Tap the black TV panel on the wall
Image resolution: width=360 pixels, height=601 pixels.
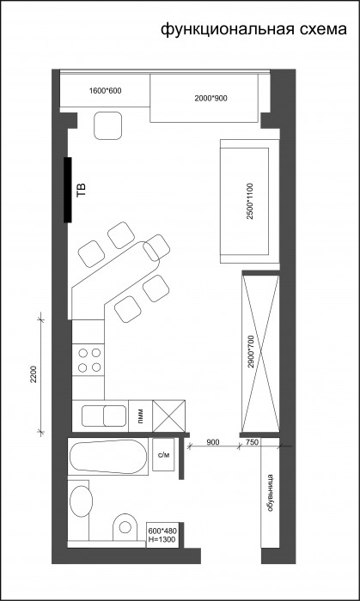click(68, 190)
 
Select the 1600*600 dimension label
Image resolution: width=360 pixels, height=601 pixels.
click(105, 91)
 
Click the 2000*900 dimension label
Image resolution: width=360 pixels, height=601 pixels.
click(211, 99)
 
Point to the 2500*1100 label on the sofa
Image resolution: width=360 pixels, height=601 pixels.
click(250, 201)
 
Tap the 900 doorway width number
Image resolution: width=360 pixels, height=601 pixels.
click(213, 442)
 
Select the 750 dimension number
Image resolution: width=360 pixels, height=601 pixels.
click(252, 442)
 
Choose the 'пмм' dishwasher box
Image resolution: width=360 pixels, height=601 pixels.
click(141, 416)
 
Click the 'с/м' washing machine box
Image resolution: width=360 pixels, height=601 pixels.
click(163, 454)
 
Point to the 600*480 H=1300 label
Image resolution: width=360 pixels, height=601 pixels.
click(162, 536)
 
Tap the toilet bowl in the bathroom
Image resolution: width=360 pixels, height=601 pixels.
click(125, 527)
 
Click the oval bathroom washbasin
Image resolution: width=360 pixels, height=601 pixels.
click(81, 501)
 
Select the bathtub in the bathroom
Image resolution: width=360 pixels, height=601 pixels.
click(107, 456)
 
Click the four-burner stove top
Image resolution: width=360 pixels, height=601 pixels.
click(88, 360)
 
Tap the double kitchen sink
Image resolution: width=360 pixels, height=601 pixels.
click(104, 416)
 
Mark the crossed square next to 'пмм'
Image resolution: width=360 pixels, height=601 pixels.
click(168, 416)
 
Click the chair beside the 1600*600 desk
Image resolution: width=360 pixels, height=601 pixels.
click(107, 125)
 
